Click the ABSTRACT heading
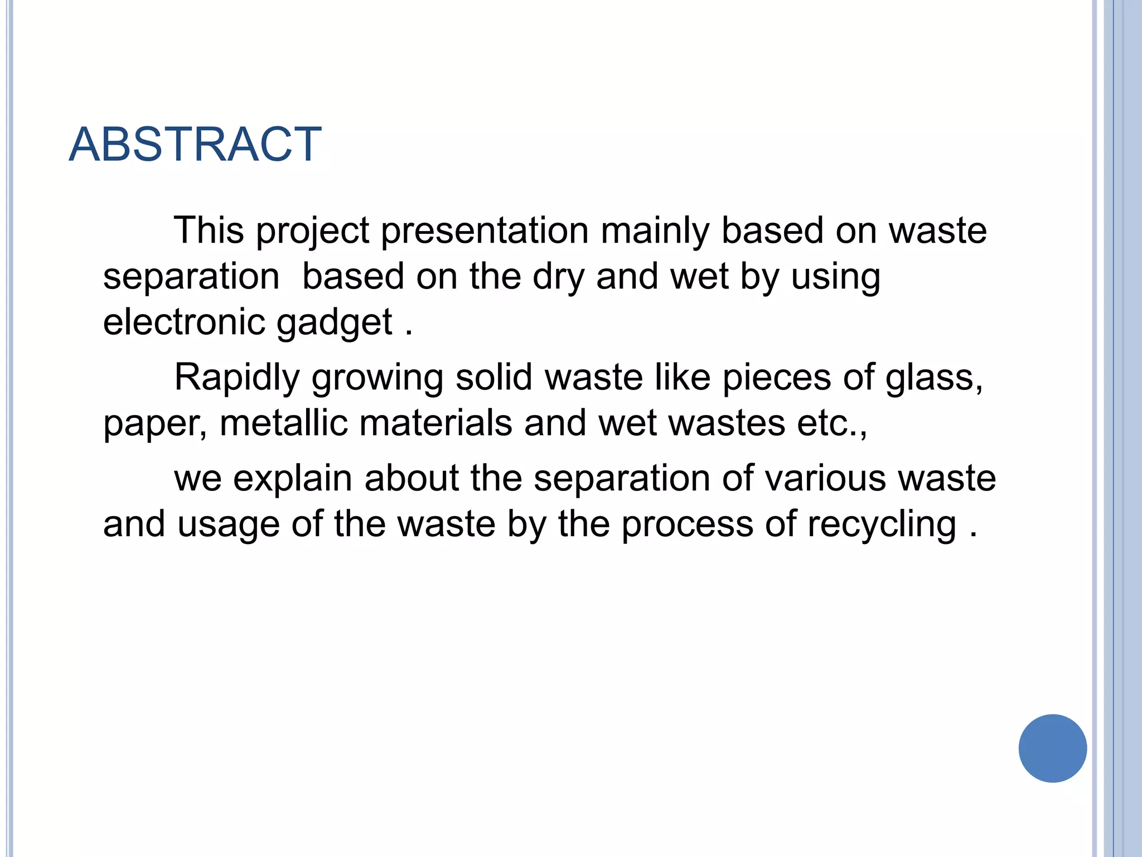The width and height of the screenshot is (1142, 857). (195, 145)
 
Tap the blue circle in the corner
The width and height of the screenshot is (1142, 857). (1052, 748)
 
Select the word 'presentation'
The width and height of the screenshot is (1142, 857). (485, 230)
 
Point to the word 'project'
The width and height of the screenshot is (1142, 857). (312, 230)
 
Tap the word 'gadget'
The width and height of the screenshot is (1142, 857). (335, 324)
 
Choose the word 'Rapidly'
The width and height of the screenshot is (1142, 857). (237, 378)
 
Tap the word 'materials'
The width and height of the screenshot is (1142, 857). (435, 423)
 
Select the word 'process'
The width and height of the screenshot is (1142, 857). (688, 525)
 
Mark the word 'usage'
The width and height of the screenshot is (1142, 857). (229, 525)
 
